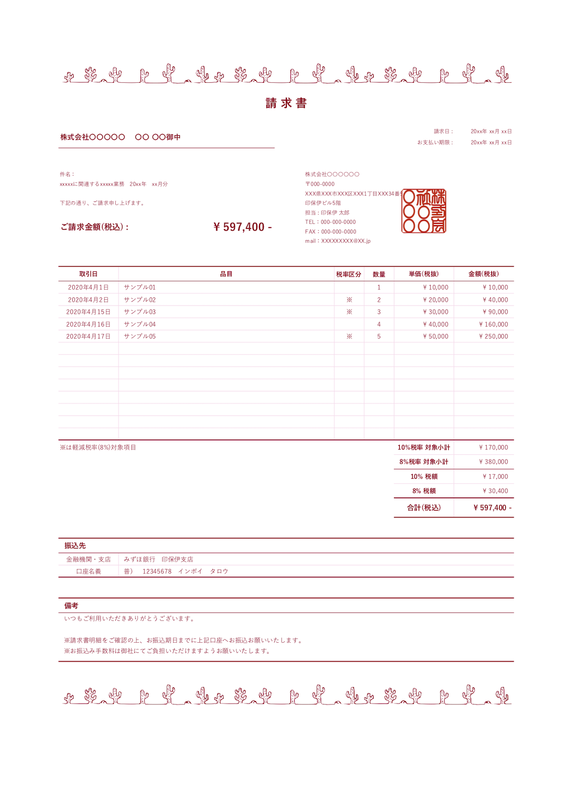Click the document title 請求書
pos(286,103)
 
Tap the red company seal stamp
pos(424,211)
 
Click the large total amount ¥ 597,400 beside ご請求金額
pos(243,227)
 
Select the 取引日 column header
pos(88,274)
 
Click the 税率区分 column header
pos(349,274)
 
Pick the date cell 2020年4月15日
pos(88,312)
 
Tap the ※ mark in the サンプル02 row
pos(349,300)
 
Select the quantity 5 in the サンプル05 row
pos(379,337)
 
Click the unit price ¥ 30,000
pos(436,312)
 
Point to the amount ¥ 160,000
pos(494,324)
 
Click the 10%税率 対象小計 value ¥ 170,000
pos(494,448)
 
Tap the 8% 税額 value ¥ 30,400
pos(496,491)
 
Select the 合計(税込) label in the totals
pos(424,508)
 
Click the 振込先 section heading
pos(75,546)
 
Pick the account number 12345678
pos(157,571)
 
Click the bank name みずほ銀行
pos(140,559)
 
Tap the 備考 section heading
pos(71,606)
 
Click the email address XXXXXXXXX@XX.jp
pos(346,241)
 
